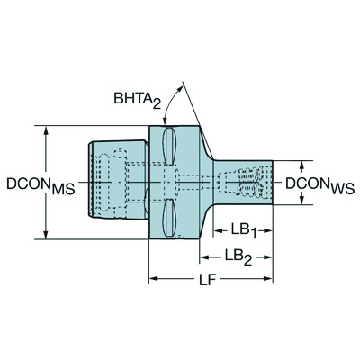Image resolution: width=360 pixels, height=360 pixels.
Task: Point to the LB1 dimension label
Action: [240, 229]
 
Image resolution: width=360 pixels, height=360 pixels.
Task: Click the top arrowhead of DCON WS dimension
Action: [301, 165]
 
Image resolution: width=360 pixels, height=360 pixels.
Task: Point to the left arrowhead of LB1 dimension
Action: [213, 227]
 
